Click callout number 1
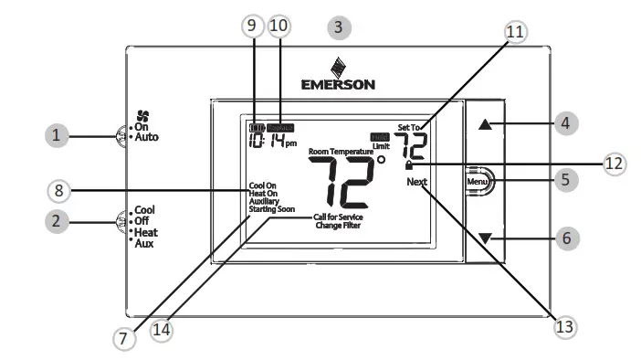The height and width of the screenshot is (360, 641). (57, 136)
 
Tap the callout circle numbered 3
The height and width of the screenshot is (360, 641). (338, 26)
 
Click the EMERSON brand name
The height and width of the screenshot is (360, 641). (337, 85)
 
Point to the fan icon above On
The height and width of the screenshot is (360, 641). (142, 116)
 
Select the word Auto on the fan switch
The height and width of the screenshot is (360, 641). (147, 137)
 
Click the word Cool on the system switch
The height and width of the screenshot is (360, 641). (144, 209)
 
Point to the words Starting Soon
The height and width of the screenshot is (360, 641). (273, 210)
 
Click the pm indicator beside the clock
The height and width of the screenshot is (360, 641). (290, 143)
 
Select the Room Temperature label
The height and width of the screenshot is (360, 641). (341, 151)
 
